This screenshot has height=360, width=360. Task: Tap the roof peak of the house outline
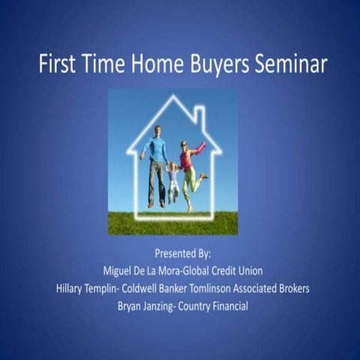tap(174, 101)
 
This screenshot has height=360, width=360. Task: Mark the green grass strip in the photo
tap(173, 223)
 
